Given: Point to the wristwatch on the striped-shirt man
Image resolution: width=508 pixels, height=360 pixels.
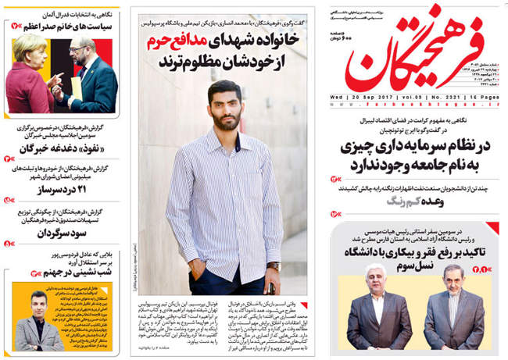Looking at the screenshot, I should pyautogui.click(x=273, y=266).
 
